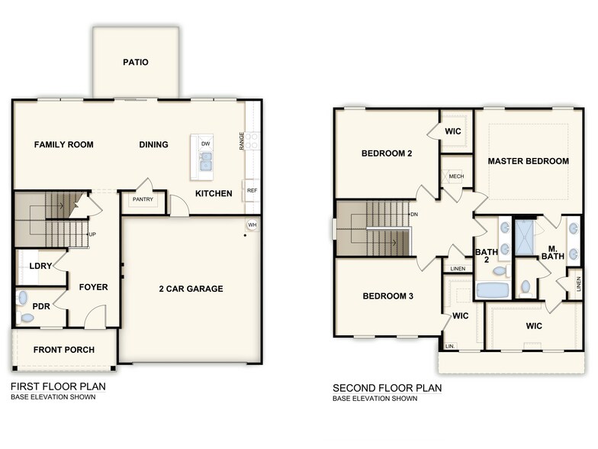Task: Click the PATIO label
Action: [136, 63]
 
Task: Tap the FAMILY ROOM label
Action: [64, 144]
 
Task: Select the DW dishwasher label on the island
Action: [205, 144]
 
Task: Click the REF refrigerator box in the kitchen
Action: [252, 191]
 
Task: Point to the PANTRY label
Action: [143, 200]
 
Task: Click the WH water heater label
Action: [252, 224]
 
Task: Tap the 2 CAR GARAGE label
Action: [191, 289]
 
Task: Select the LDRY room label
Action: [40, 266]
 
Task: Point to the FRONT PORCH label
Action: [64, 350]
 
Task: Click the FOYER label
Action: [93, 288]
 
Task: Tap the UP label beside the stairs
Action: [92, 234]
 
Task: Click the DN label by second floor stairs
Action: [413, 215]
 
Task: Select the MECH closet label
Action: [456, 176]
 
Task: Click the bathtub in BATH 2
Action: [493, 290]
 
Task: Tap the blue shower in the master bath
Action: [525, 237]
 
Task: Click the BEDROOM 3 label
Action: [387, 296]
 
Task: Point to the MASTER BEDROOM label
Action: [528, 161]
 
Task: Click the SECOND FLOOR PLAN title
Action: [387, 388]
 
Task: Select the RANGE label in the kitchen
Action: [242, 141]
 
